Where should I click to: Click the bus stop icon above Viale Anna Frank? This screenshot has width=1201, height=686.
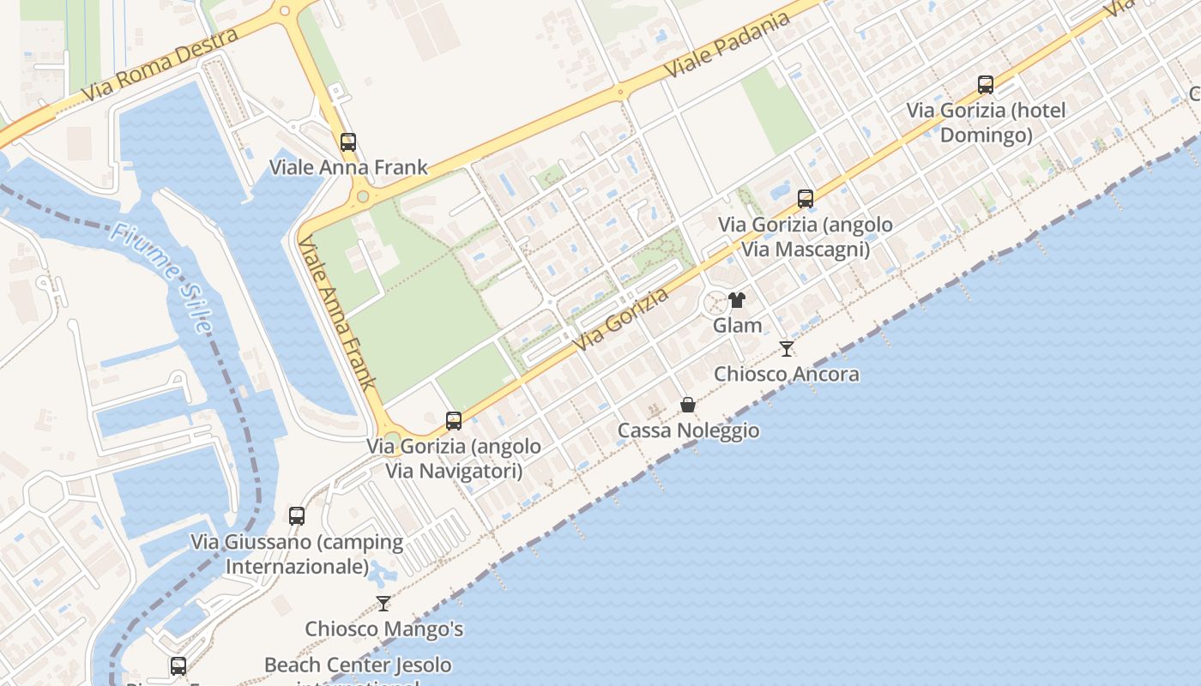point(347,142)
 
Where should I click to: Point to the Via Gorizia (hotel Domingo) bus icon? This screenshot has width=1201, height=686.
point(986,85)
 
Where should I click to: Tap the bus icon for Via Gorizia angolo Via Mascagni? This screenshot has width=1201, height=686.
point(805,199)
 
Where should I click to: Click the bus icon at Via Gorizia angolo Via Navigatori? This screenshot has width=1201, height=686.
point(454,421)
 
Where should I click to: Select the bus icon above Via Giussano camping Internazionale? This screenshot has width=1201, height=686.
point(297,516)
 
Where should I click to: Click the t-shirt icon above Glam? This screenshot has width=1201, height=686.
point(737,300)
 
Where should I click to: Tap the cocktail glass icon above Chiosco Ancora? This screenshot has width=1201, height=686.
point(786,349)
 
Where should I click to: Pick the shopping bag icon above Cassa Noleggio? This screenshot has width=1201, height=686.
point(688,405)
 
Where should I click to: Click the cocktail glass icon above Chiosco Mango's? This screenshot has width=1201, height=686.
point(383,604)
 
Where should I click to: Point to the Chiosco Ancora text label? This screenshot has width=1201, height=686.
point(787,374)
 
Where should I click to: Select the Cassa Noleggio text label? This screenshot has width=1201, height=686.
point(688,430)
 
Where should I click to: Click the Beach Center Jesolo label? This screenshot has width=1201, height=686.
point(358,665)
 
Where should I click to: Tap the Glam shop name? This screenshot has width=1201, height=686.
point(737,325)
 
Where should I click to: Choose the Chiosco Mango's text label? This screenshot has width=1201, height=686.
point(384,629)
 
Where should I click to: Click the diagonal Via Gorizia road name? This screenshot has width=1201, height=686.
point(622,321)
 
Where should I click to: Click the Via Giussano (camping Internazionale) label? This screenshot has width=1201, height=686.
point(297,554)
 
